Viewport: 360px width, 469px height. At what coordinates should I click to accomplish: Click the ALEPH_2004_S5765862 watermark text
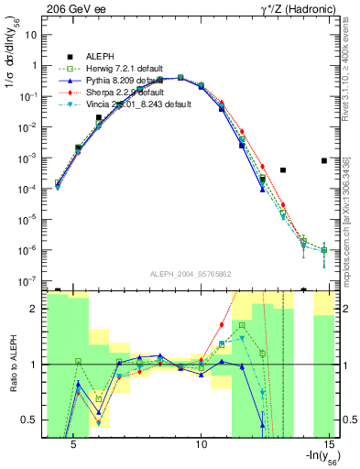pyautogui.click(x=190, y=274)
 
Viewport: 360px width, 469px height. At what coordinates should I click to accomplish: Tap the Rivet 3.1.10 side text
pyautogui.click(x=352, y=78)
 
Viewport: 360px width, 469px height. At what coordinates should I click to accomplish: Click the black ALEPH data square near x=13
pyautogui.click(x=283, y=170)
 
